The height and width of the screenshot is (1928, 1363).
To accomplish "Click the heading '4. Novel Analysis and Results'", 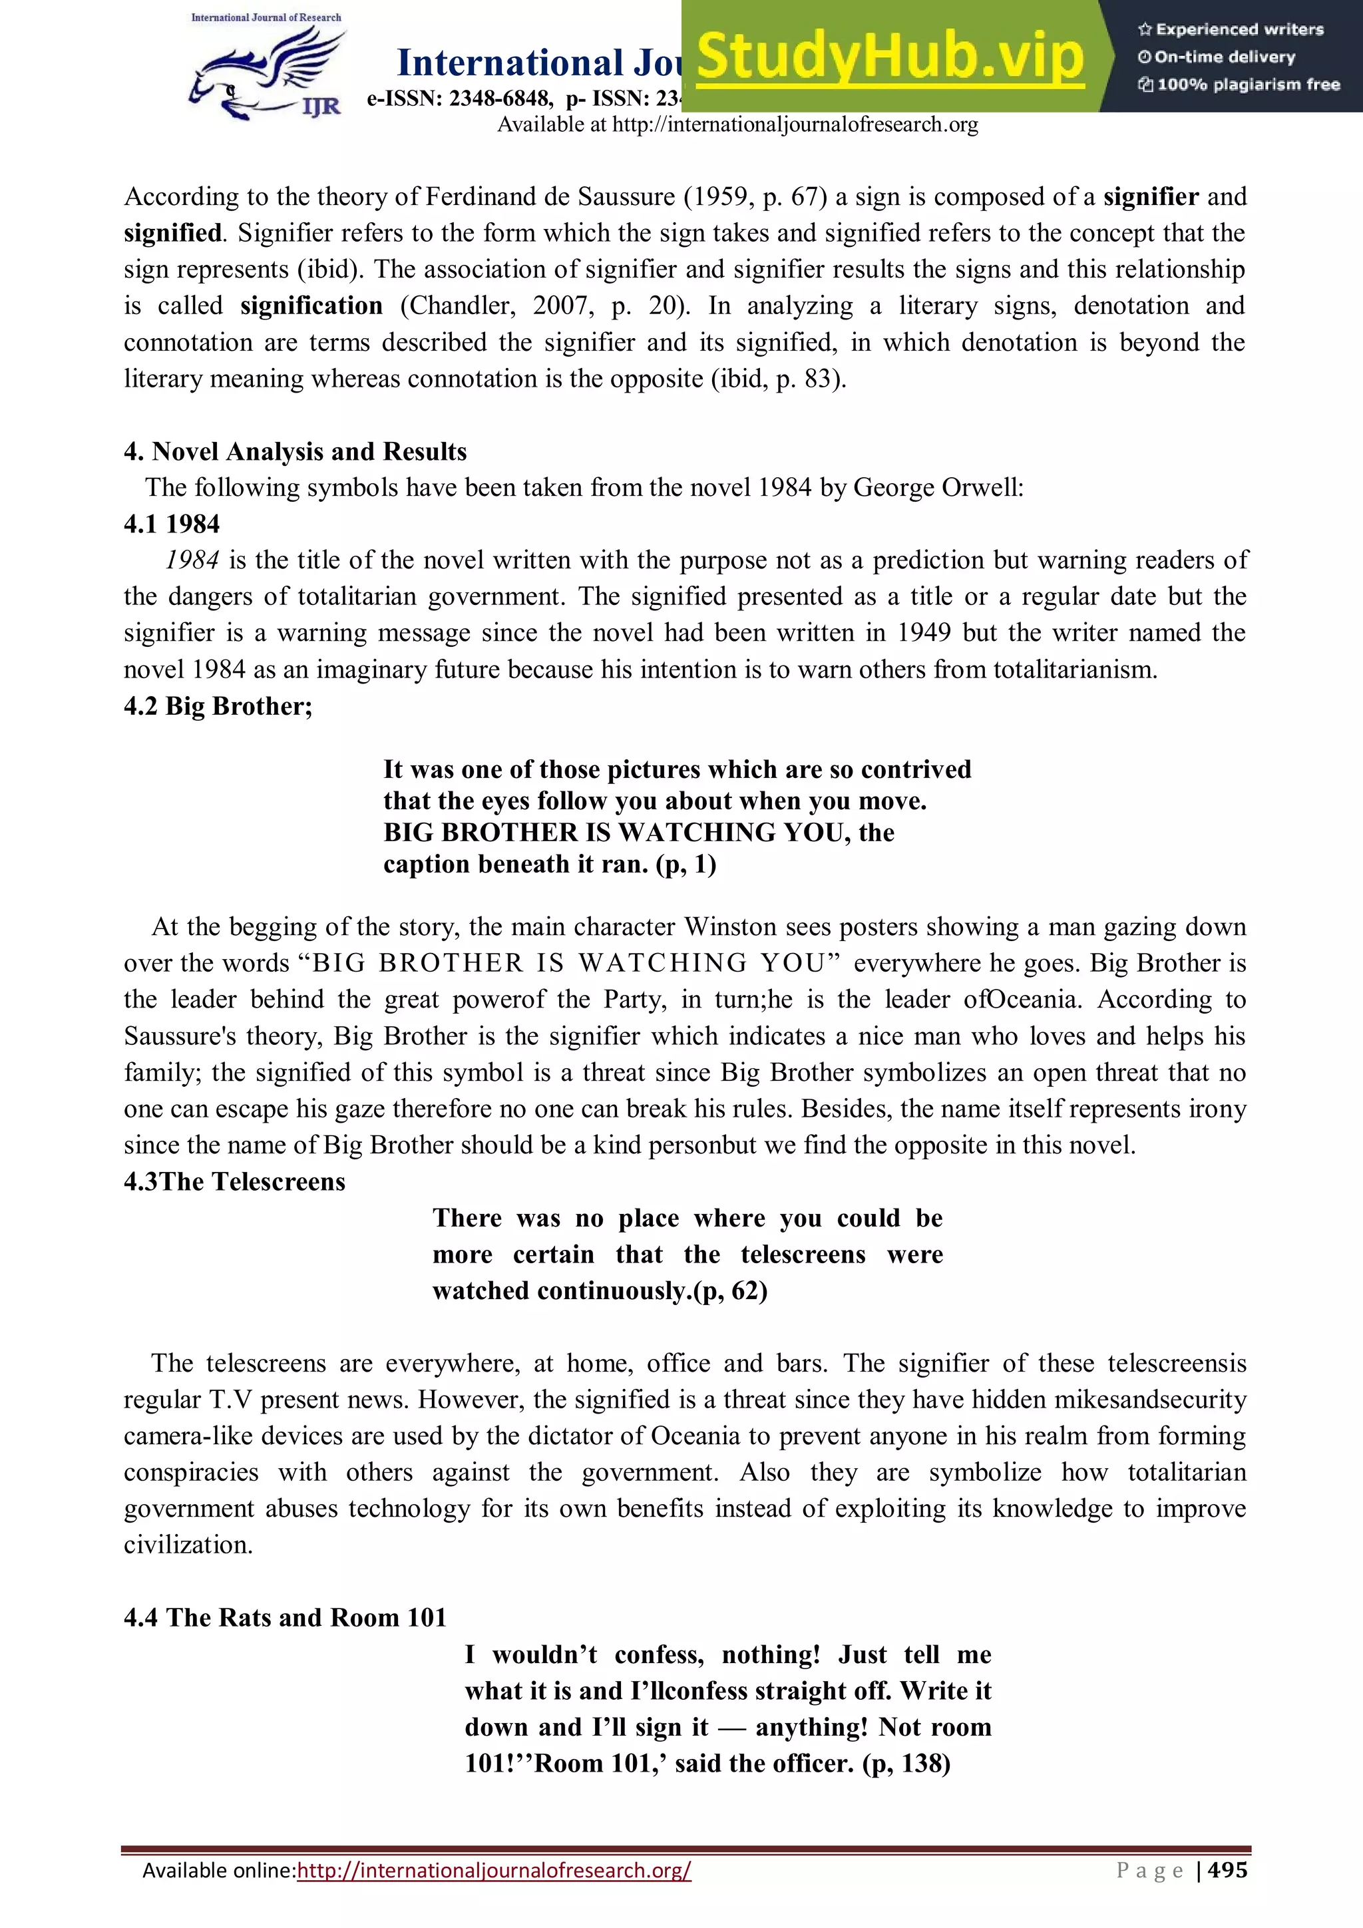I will [x=295, y=452].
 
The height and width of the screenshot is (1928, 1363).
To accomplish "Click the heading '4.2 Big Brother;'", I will [x=218, y=706].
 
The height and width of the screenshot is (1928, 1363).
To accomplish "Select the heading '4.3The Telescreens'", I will [x=234, y=1181].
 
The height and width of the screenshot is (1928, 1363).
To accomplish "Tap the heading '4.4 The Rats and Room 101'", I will [x=285, y=1617].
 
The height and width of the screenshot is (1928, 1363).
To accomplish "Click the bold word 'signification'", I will [x=311, y=305].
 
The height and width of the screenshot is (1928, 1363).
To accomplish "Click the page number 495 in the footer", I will [x=1228, y=1870].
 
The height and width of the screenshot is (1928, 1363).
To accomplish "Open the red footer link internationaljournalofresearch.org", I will [x=494, y=1871].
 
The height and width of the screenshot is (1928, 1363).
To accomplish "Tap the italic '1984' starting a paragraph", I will [x=192, y=560].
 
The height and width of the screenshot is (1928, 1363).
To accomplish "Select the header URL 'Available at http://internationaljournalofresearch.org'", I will [x=737, y=125].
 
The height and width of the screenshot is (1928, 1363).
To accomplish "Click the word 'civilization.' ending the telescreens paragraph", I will [x=188, y=1545].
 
